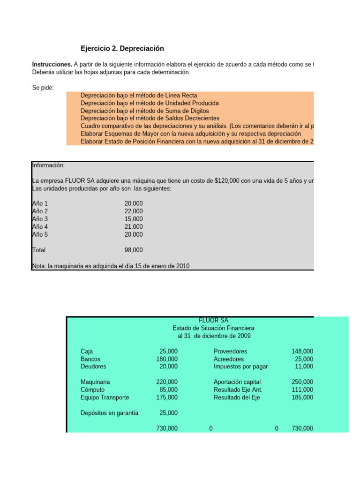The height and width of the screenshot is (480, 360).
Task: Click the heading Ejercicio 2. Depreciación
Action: (x=122, y=49)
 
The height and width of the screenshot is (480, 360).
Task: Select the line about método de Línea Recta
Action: (x=139, y=96)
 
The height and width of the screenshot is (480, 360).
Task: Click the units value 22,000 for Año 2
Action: (x=134, y=211)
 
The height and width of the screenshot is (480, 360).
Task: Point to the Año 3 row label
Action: (x=40, y=219)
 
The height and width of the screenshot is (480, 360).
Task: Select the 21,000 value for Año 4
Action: (x=134, y=227)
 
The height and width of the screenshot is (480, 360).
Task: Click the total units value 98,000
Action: (x=134, y=250)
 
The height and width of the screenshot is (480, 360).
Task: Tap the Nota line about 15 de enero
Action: (x=111, y=266)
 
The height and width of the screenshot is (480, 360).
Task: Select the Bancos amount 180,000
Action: (x=166, y=359)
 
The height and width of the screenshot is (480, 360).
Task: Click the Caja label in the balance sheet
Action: (x=87, y=351)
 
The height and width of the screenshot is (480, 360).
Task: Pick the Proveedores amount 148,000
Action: (x=302, y=351)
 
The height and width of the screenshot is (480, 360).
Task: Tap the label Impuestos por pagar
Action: (x=240, y=367)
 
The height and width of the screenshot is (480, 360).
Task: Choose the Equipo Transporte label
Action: (x=105, y=397)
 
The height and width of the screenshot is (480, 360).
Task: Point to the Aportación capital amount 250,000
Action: (x=302, y=382)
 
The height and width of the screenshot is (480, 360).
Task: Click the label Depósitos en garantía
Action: (x=109, y=413)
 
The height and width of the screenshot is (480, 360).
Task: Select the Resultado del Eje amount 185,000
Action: (x=302, y=397)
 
